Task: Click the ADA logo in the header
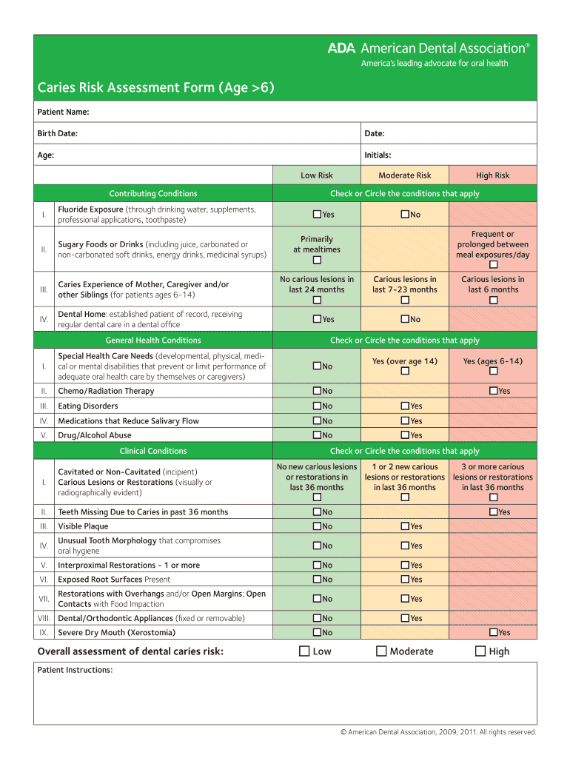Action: [x=342, y=48]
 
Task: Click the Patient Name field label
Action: [x=63, y=112]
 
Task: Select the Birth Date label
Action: [x=58, y=133]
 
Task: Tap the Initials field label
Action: [x=378, y=155]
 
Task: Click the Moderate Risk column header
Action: [x=404, y=175]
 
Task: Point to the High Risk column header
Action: [x=492, y=175]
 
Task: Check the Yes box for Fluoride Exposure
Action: [x=317, y=215]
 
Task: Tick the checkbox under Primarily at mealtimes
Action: [x=317, y=261]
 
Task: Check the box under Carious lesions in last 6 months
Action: [x=493, y=301]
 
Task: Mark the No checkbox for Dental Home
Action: [x=405, y=319]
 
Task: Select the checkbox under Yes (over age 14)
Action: [x=405, y=370]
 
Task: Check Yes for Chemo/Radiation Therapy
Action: [x=493, y=391]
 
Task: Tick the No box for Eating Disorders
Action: [x=317, y=406]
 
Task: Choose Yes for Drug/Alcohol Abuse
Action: [x=405, y=435]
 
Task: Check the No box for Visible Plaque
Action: [x=317, y=526]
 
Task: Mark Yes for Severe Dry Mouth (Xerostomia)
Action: [x=493, y=633]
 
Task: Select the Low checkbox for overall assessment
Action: [x=304, y=651]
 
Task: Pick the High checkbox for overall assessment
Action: [x=480, y=651]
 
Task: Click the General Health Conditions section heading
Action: [x=153, y=341]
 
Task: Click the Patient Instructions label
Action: [x=75, y=670]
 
